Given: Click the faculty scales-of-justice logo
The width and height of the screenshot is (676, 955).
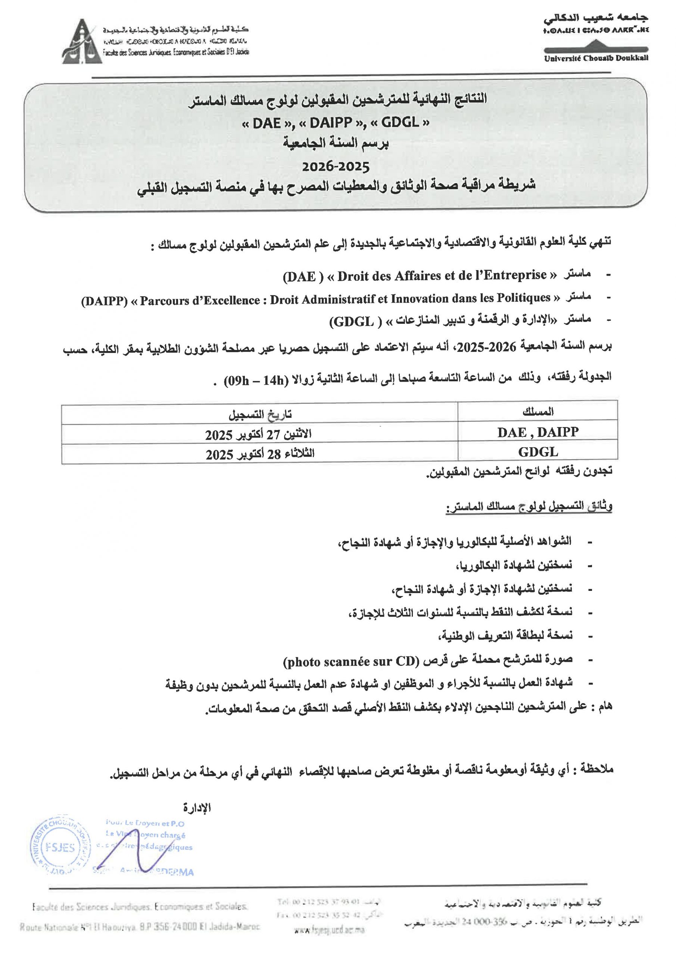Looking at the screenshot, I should (82, 42).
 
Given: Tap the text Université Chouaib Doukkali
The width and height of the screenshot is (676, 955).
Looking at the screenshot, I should (596, 58).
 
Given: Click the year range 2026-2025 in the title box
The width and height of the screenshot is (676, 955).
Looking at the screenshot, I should (336, 167).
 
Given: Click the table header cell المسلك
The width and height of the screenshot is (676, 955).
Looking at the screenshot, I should (538, 412).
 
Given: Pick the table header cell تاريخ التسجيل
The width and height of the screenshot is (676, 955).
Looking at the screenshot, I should (260, 414).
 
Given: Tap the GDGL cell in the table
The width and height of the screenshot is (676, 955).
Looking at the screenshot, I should (538, 452).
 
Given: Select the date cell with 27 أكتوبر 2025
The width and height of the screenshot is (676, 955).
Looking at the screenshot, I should (259, 435).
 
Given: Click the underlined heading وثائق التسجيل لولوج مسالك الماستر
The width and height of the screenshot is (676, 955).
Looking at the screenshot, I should (529, 507).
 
